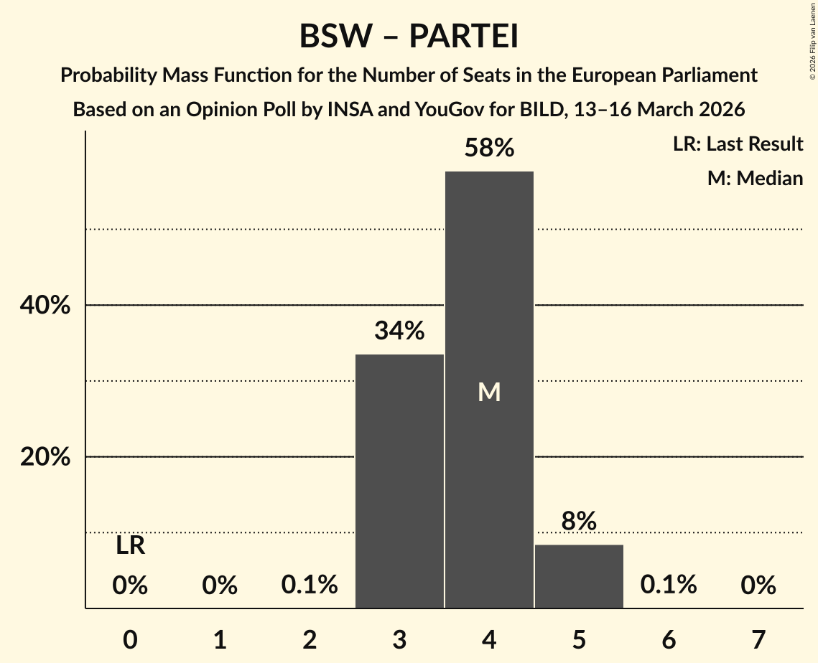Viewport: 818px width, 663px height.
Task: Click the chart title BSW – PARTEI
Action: click(409, 37)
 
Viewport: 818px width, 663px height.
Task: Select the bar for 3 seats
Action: click(399, 481)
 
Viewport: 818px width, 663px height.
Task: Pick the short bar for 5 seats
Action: click(579, 576)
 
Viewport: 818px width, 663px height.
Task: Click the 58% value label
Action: click(489, 149)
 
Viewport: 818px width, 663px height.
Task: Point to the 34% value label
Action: click(399, 331)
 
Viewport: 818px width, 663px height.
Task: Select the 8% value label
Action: click(579, 522)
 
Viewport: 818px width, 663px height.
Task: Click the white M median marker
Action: click(489, 392)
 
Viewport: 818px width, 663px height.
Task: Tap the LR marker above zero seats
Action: click(130, 547)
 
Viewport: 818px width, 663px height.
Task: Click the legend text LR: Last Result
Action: click(738, 144)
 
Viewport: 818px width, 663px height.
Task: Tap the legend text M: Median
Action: click(755, 178)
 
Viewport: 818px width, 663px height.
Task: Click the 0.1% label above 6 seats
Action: click(669, 585)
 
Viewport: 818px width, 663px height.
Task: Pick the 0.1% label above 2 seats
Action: click(310, 585)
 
